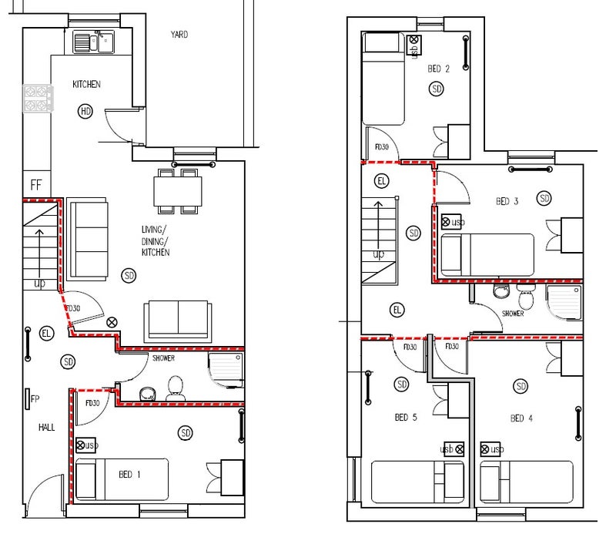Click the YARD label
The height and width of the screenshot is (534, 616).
(179, 35)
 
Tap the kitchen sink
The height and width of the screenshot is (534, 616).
(93, 42)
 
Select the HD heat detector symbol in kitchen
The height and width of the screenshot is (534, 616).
(85, 111)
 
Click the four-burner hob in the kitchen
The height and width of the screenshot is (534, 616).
(38, 99)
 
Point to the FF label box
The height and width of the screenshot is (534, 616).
(36, 184)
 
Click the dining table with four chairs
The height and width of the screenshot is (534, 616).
(178, 191)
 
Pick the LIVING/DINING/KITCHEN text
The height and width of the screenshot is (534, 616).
(156, 240)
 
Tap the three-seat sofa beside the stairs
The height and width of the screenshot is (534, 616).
(87, 239)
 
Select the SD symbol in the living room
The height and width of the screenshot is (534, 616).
(129, 276)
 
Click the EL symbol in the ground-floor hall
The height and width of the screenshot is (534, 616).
(46, 334)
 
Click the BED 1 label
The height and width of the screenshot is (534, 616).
(129, 475)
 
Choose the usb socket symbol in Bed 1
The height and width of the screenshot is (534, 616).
(86, 445)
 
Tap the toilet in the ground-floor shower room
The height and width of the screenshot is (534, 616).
(176, 388)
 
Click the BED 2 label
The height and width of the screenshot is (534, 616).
(438, 69)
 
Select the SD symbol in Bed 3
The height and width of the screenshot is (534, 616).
(544, 198)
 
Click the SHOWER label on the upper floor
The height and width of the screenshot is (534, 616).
(513, 314)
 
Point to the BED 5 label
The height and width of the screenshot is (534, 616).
(406, 417)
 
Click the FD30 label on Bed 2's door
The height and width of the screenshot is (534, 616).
(381, 146)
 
